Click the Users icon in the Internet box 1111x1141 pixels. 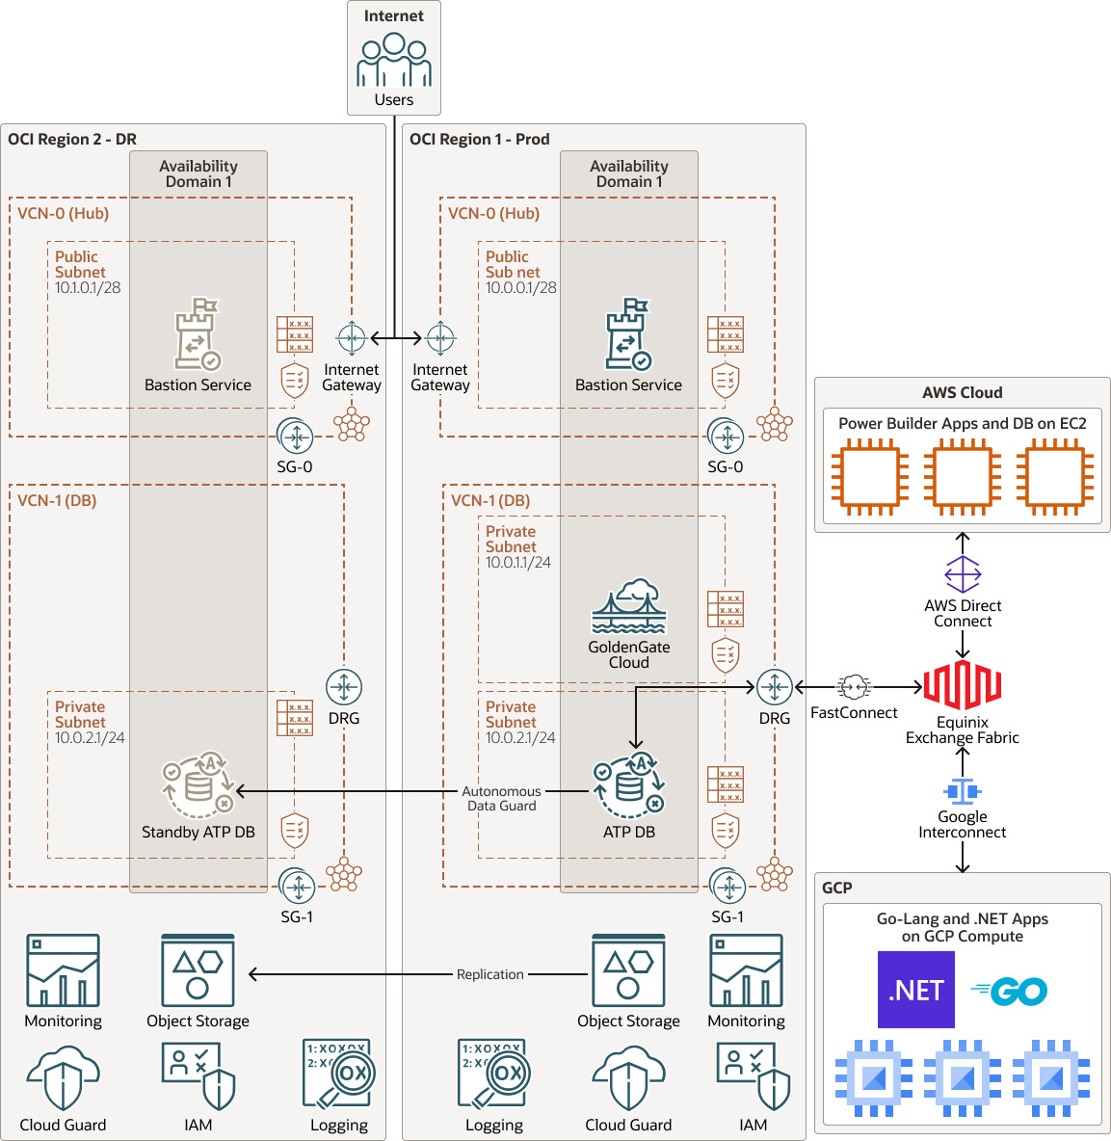(x=393, y=61)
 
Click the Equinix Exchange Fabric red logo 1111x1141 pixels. (x=962, y=685)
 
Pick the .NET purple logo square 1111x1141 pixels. (x=915, y=990)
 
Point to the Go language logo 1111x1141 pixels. (x=1010, y=991)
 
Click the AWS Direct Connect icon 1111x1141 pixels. (x=962, y=574)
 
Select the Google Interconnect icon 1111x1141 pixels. (x=962, y=791)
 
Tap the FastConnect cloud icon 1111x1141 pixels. (x=854, y=687)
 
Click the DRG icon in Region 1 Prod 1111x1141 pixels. (x=774, y=687)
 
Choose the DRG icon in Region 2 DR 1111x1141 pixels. (x=344, y=687)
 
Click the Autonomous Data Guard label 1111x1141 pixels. (x=501, y=798)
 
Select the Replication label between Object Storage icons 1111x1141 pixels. (x=489, y=974)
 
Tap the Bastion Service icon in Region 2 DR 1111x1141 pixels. (x=198, y=334)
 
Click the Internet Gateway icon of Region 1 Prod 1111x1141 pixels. (x=440, y=338)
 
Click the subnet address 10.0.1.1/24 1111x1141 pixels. (x=518, y=563)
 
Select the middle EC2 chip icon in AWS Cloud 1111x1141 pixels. (x=962, y=477)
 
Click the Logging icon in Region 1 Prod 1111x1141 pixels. (x=494, y=1074)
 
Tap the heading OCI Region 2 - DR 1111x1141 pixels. (x=72, y=139)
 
